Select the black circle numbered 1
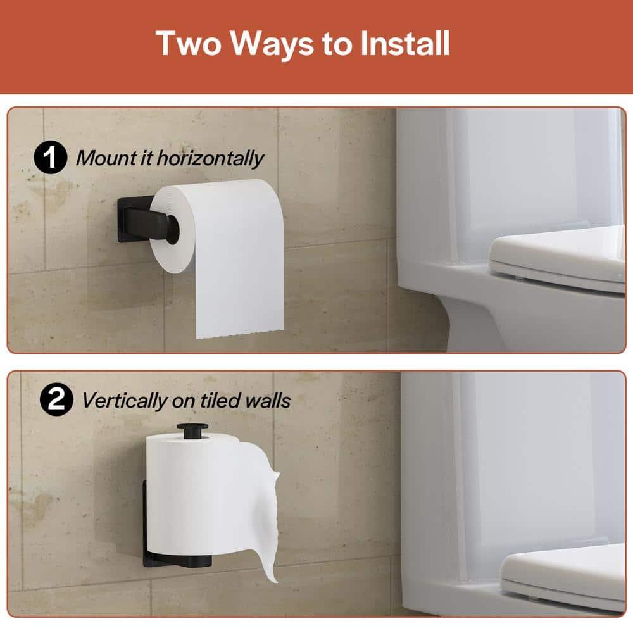tap(50, 158)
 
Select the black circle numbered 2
tap(56, 400)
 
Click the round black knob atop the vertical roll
tap(189, 430)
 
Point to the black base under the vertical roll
tap(171, 560)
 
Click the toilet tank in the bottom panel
tap(506, 456)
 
